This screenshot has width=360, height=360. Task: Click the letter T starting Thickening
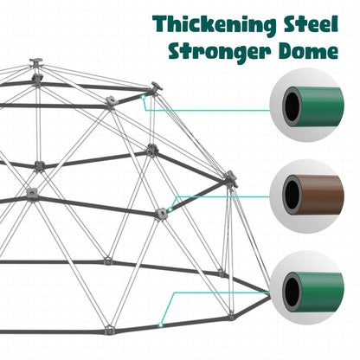[x=161, y=24]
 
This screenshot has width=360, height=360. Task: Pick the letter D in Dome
[x=286, y=51]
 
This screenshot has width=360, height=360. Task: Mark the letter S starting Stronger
[x=176, y=51]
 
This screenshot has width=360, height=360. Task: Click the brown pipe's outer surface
[x=323, y=195]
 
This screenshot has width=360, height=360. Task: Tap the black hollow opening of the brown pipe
[x=292, y=195]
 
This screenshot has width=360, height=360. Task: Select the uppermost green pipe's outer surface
[x=323, y=106]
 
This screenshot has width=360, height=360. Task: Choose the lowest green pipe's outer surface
[x=323, y=292]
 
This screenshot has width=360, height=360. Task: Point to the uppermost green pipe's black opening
[x=292, y=106]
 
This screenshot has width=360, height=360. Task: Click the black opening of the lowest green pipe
[x=292, y=292]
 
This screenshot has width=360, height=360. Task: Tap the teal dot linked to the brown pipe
[x=170, y=209]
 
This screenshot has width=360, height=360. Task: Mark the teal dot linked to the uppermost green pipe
[x=143, y=97]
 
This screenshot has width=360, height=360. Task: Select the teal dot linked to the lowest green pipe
[x=161, y=325]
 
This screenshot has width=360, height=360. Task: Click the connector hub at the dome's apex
[x=35, y=62]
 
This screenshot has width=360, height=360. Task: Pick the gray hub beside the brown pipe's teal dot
[x=161, y=214]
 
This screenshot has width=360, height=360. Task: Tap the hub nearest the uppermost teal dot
[x=156, y=87]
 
